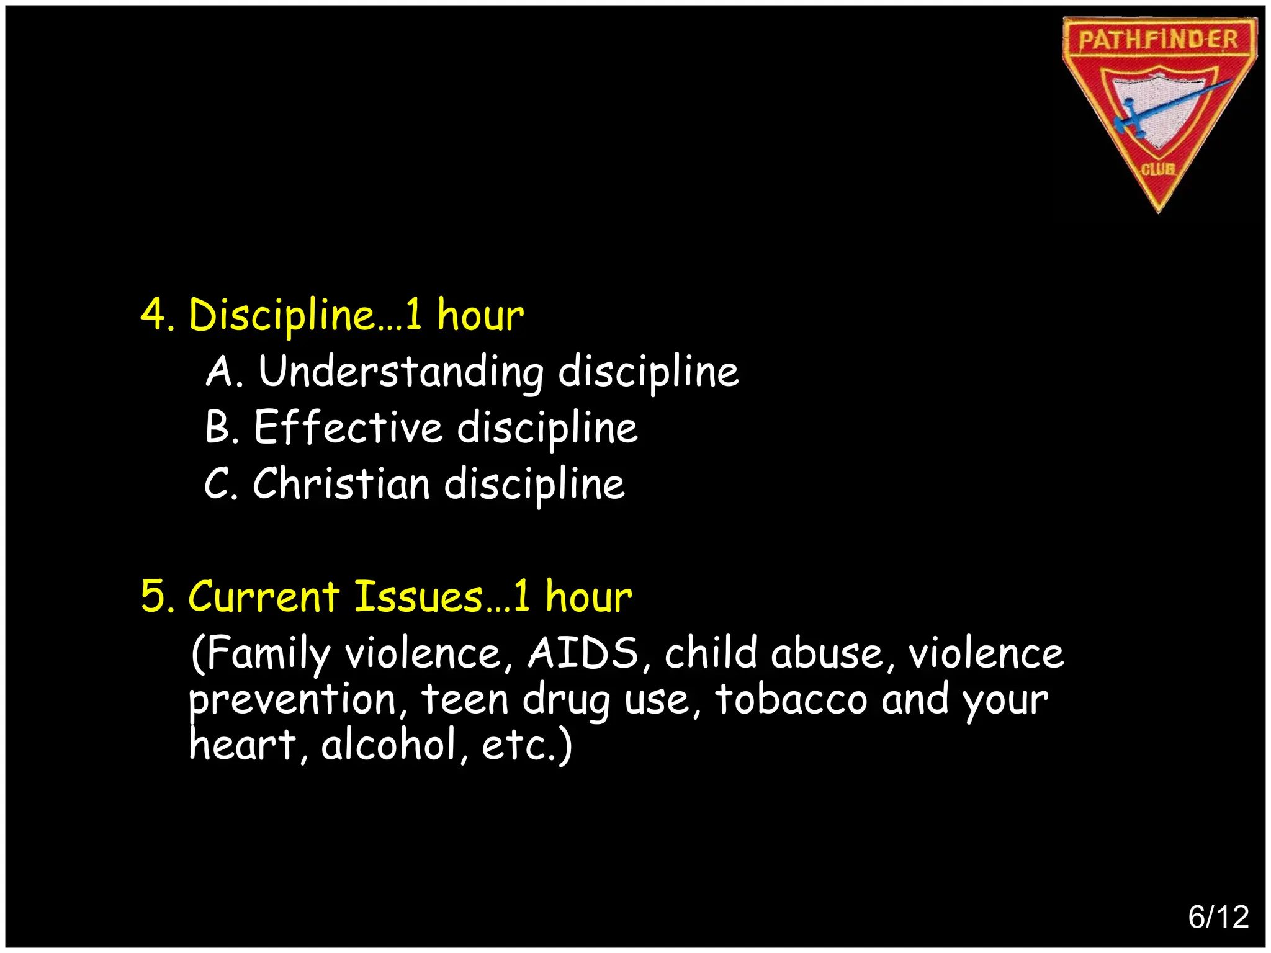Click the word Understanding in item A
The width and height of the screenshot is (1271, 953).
[400, 372]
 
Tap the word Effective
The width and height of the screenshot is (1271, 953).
[348, 427]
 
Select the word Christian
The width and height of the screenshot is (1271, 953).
[341, 483]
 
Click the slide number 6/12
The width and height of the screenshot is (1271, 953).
[1218, 917]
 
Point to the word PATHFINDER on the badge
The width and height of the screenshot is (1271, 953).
[1158, 40]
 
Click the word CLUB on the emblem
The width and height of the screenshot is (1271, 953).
[1158, 169]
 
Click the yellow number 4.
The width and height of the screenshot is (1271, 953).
[153, 314]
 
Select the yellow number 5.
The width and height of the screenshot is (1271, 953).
[153, 596]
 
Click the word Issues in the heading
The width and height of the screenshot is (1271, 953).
[418, 596]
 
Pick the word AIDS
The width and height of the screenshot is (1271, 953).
[583, 653]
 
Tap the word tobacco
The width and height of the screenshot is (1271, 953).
[791, 699]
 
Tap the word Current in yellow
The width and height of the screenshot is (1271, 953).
[263, 596]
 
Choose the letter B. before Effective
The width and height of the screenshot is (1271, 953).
[222, 427]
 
